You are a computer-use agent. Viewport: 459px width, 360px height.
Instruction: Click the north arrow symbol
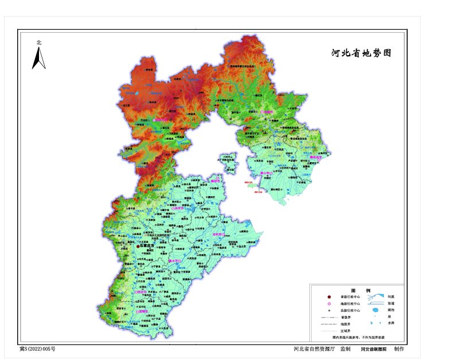38,58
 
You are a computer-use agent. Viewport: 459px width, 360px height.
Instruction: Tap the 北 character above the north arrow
38,42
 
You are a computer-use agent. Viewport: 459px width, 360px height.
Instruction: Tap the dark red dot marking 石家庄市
138,246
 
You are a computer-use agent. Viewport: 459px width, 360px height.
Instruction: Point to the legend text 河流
390,296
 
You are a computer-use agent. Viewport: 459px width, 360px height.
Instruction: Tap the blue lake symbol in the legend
374,310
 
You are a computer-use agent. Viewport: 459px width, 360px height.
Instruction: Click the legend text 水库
391,323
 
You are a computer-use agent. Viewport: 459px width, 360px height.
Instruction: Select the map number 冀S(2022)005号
38,349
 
